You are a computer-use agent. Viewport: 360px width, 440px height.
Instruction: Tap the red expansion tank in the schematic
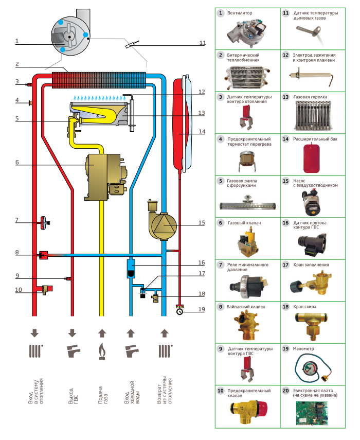[x=180, y=124]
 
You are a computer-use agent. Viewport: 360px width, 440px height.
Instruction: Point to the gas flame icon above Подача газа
[x=102, y=351]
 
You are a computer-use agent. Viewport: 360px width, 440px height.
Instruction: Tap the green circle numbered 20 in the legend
[x=285, y=391]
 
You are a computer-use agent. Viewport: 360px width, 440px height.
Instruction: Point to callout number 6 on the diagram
[x=17, y=162]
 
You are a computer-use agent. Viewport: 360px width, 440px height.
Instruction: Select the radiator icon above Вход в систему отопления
[x=35, y=351]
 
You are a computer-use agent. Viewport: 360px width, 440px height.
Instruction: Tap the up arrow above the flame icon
[x=102, y=332]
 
